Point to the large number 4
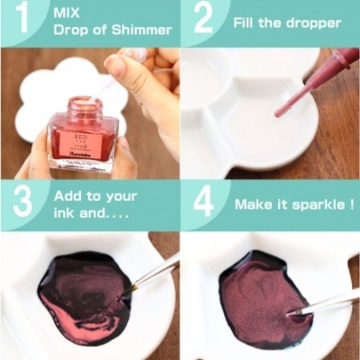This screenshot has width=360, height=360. pyautogui.click(x=204, y=203)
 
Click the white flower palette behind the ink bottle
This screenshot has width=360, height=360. pyautogui.click(x=36, y=99)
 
